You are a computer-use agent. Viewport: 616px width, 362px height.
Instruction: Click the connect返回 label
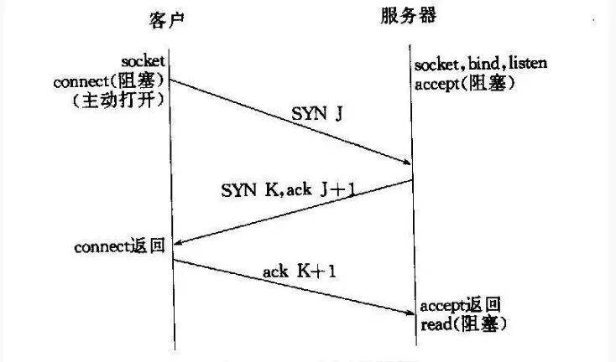[123, 247]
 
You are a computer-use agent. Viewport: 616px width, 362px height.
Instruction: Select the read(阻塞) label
[463, 323]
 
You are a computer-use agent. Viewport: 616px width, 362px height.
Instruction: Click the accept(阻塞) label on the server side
[464, 85]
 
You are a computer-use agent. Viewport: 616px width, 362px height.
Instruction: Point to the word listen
[526, 65]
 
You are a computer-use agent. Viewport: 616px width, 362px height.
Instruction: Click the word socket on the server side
[436, 65]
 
